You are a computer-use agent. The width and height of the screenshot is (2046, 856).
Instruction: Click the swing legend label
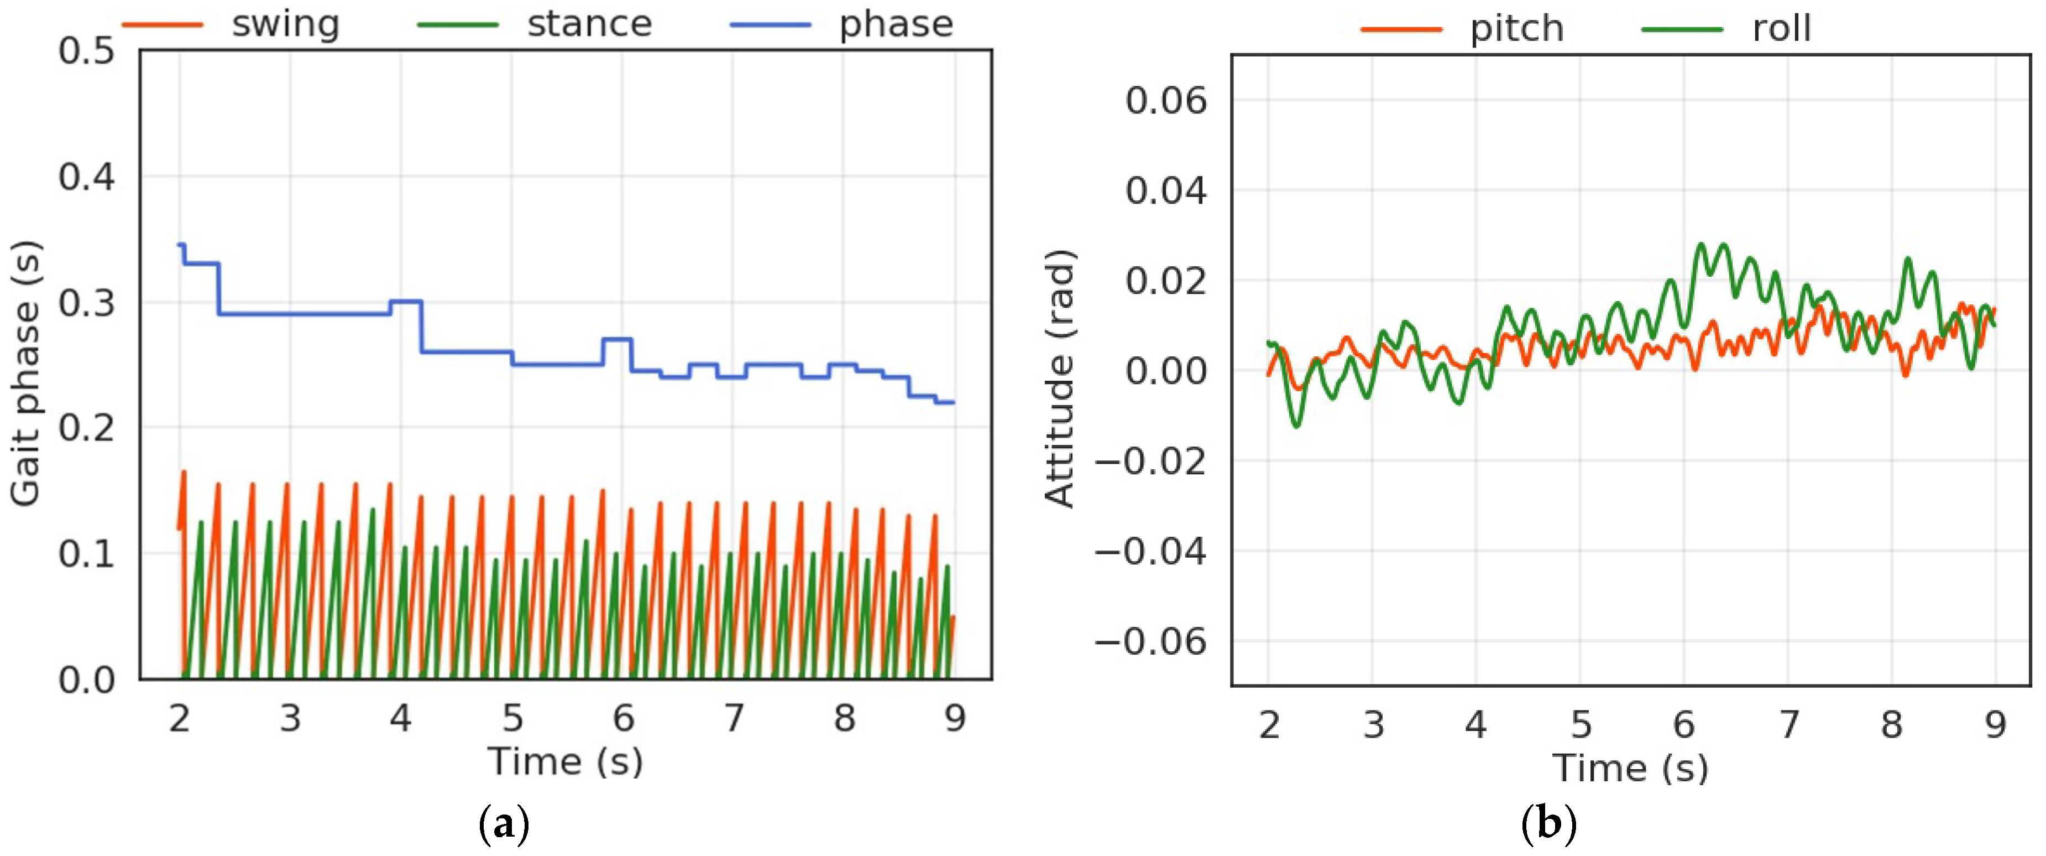(x=285, y=24)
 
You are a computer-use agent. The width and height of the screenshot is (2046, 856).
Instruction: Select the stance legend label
(x=589, y=24)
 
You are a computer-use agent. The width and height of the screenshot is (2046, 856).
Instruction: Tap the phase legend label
(x=896, y=24)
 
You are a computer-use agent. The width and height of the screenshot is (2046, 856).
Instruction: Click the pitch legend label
(x=1516, y=29)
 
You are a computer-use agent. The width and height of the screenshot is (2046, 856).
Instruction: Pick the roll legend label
(x=1781, y=29)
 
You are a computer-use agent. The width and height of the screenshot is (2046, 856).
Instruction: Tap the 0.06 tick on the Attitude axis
(x=1165, y=101)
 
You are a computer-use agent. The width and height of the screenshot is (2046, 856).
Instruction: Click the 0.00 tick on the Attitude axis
(x=1165, y=370)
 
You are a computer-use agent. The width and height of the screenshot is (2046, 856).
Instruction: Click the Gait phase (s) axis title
(x=25, y=373)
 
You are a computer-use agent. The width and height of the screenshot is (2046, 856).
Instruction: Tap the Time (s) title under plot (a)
(x=565, y=761)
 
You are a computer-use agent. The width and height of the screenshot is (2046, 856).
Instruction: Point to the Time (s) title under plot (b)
(x=1630, y=768)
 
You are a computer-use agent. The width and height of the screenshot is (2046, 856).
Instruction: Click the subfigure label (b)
(x=1548, y=824)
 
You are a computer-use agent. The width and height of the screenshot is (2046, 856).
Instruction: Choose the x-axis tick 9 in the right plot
(x=1995, y=724)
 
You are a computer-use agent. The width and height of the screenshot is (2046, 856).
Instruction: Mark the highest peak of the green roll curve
(x=1700, y=245)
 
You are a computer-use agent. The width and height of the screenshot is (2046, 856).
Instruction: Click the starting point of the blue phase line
(x=179, y=245)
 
